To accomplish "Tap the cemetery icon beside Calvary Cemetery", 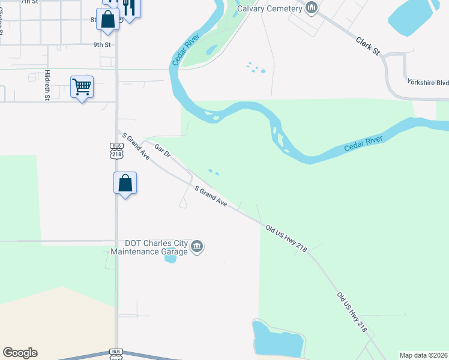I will pos(311,8).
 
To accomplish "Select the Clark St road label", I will pos(368,47).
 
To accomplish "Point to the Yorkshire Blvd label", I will pos(427,82).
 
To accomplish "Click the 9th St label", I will pos(102,45).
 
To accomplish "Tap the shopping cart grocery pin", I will pos(82,87).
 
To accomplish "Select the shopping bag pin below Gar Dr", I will pos(125,183).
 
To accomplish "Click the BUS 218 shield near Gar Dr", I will pos(116,151).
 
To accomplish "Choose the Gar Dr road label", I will pos(163,150).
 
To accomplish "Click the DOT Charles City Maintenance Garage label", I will pos(155,247).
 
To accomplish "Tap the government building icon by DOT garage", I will pos(197,247).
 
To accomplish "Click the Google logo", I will pos(20,353).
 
